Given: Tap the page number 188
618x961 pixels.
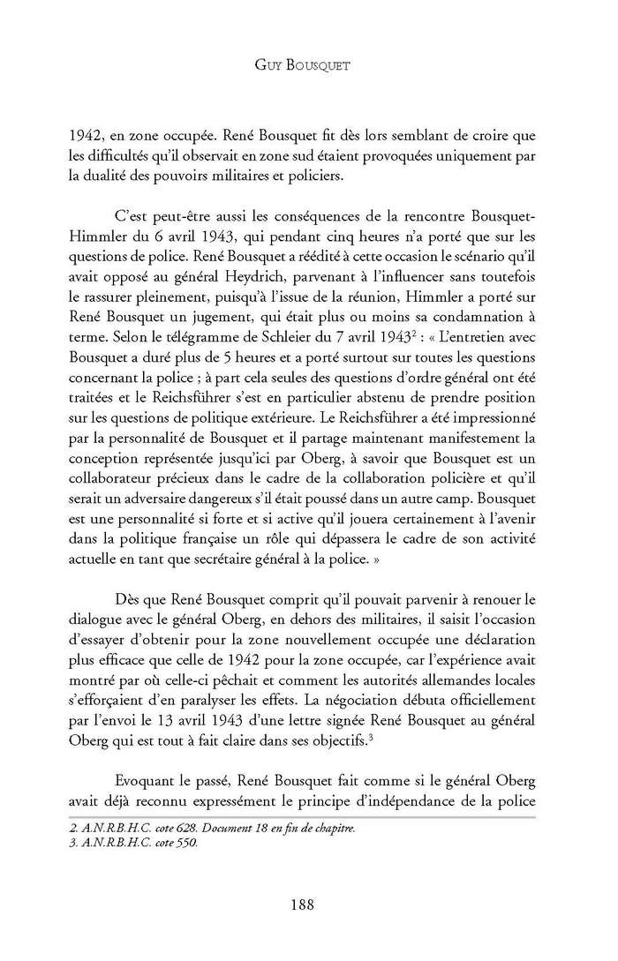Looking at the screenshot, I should click(309, 903).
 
